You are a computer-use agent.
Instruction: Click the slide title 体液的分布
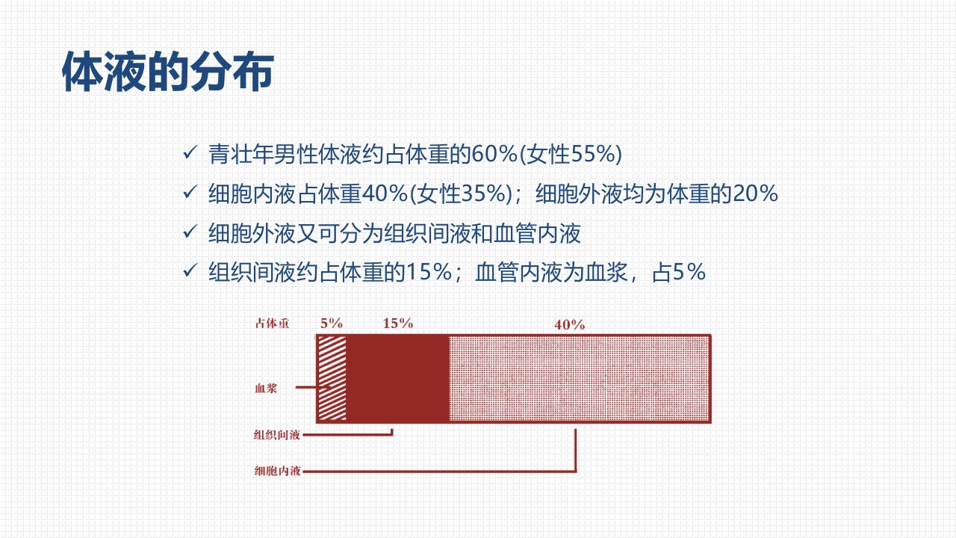168,71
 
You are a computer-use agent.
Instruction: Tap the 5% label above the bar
332,324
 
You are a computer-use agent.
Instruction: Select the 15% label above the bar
398,324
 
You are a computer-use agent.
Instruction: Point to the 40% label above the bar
569,325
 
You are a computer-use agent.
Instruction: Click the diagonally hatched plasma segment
332,378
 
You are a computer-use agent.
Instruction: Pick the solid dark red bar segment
398,378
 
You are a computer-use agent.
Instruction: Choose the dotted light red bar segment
579,378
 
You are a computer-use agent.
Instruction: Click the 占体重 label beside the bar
272,324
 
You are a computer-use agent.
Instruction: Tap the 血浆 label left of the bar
266,388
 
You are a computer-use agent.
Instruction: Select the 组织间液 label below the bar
277,435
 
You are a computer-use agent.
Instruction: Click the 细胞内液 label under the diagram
277,471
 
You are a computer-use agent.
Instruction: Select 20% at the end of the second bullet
755,194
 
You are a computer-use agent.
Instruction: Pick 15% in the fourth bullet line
429,272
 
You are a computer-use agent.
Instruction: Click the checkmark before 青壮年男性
190,152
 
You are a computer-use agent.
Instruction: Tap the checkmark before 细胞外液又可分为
190,232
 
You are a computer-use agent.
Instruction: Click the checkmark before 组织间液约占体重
190,270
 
